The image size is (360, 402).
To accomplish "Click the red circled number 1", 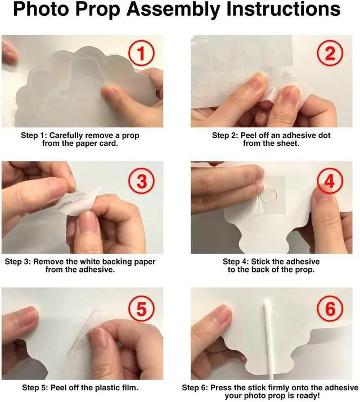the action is pos(141,53).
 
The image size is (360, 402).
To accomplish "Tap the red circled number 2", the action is pos(330,53).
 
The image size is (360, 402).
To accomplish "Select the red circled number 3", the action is pos(141,180).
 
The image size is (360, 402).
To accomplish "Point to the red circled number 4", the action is pos(330,180).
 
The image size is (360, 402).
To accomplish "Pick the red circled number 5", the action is pos(141,309).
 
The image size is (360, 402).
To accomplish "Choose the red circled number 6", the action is pos(330,309).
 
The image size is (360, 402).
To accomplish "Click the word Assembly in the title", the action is pos(173,10).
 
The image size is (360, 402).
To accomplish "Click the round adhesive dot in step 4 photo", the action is pos(269,195).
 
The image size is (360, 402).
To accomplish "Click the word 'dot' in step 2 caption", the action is pos(324,135).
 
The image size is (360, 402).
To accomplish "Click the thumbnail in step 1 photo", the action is pos(111,90).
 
